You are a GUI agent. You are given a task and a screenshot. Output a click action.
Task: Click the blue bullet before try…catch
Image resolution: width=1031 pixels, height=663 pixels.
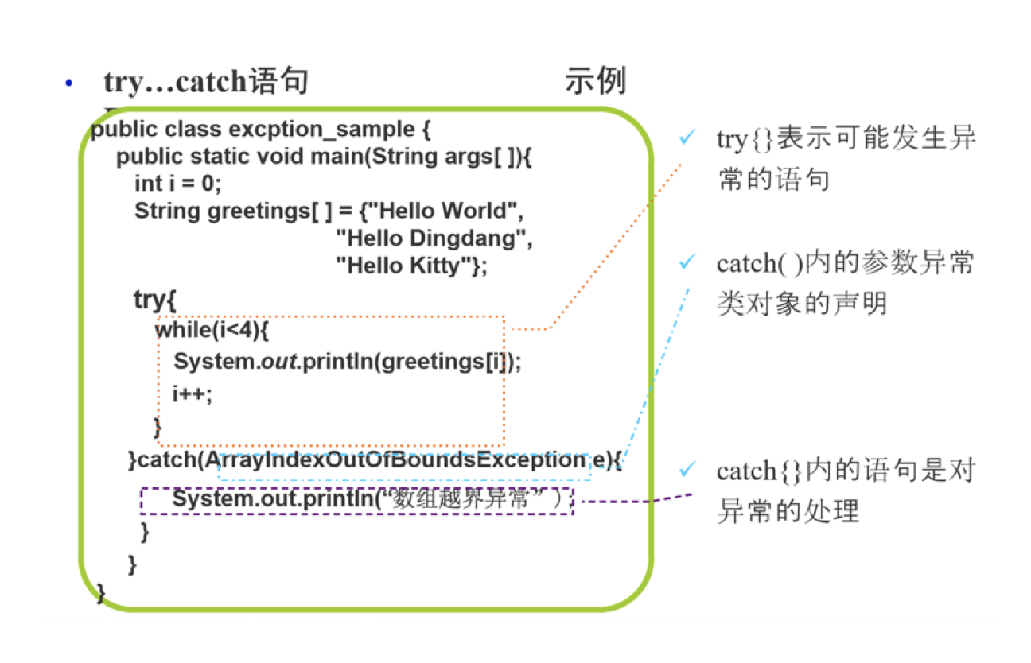pyautogui.click(x=69, y=83)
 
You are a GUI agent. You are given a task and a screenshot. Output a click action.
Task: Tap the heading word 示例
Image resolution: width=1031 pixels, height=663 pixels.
pyautogui.click(x=595, y=81)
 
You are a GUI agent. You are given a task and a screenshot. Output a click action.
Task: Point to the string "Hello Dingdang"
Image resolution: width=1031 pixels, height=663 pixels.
pyautogui.click(x=433, y=238)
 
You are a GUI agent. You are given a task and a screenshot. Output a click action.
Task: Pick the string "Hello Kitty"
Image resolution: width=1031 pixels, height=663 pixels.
pyautogui.click(x=404, y=265)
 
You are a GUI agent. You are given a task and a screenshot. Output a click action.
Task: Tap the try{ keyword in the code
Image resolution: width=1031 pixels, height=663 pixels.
pyautogui.click(x=154, y=300)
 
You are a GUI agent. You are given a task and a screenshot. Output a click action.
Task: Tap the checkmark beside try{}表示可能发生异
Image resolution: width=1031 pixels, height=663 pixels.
pyautogui.click(x=687, y=139)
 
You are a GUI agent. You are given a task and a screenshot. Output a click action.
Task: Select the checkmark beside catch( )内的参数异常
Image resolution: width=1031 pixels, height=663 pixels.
pyautogui.click(x=687, y=263)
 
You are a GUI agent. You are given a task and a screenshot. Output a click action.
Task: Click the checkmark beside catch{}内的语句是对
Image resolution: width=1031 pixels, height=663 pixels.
pyautogui.click(x=687, y=471)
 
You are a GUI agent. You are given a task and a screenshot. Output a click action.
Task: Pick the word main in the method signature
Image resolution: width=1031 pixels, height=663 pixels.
pyautogui.click(x=336, y=156)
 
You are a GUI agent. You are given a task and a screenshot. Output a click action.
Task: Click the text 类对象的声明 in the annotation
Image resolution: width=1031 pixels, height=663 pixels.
pyautogui.click(x=801, y=304)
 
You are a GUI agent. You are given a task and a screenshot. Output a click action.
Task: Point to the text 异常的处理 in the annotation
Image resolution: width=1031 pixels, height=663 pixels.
pyautogui.click(x=788, y=511)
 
